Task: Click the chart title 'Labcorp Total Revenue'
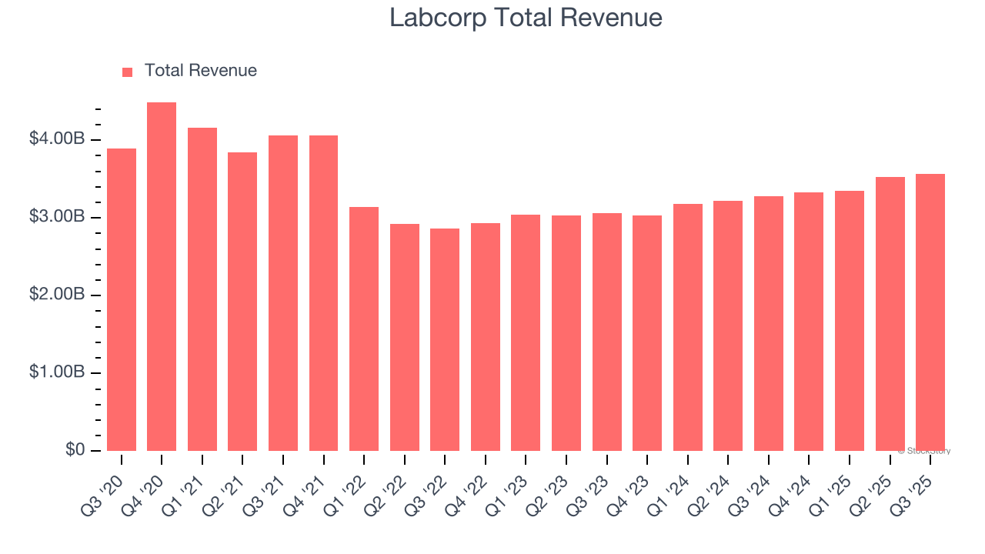tap(526, 18)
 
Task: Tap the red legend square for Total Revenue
tap(128, 72)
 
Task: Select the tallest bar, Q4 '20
tap(162, 277)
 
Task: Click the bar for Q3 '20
tap(122, 300)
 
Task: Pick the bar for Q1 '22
tap(364, 329)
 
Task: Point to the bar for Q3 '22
tap(445, 340)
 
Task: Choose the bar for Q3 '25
tap(930, 312)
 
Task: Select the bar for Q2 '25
tap(890, 314)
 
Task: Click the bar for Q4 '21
tap(323, 293)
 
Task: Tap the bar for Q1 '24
tap(687, 328)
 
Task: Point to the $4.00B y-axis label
tap(57, 139)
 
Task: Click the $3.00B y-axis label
tap(57, 217)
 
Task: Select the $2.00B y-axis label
tap(57, 295)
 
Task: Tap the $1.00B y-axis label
tap(57, 372)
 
